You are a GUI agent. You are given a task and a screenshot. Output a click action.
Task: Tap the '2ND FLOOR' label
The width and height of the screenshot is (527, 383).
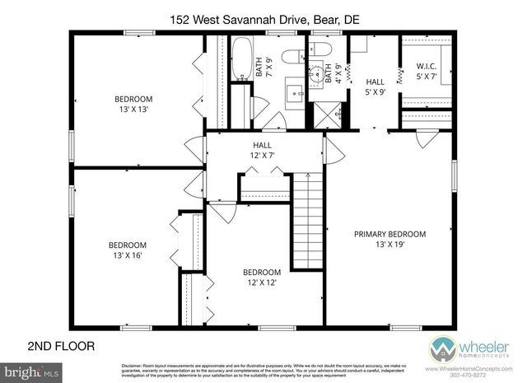(61, 345)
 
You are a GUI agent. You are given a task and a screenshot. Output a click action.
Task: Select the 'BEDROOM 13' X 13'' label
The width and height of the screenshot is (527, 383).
(133, 105)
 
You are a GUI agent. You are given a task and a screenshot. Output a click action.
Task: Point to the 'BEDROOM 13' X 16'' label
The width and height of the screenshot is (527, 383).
(128, 250)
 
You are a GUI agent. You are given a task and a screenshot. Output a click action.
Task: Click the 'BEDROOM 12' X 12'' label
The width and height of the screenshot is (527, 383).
(261, 278)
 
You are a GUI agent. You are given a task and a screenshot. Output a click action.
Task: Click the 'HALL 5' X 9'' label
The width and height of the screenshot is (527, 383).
(375, 86)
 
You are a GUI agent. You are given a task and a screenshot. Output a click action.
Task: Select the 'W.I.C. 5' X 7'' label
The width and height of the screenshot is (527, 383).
(427, 72)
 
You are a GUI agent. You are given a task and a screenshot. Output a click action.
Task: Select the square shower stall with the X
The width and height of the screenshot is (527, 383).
(317, 114)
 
